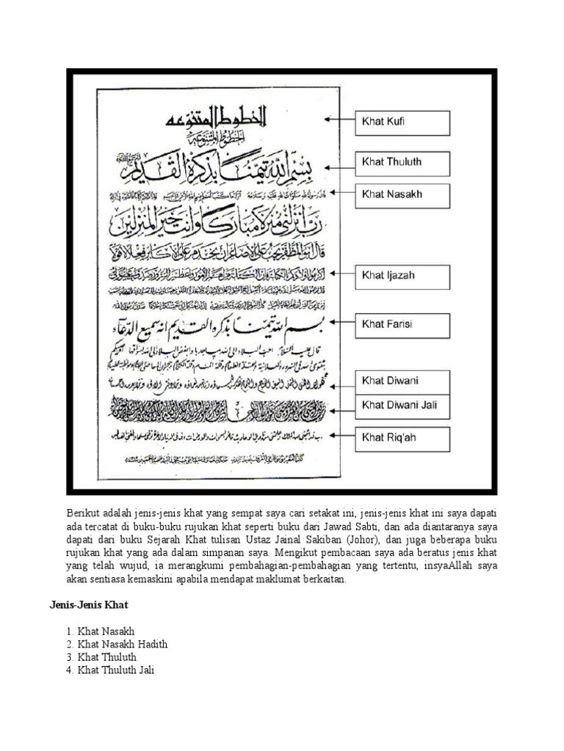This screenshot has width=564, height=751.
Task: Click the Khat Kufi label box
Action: pyautogui.click(x=402, y=122)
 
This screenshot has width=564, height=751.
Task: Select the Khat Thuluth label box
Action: pyautogui.click(x=402, y=163)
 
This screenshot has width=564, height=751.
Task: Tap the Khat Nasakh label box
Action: pyautogui.click(x=402, y=195)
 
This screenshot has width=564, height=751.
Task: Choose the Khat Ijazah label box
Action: pyautogui.click(x=402, y=276)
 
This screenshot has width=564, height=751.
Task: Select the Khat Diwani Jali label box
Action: pyautogui.click(x=402, y=406)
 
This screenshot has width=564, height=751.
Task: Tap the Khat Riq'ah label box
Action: pyautogui.click(x=402, y=439)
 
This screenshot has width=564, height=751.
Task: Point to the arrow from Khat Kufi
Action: pyautogui.click(x=339, y=119)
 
